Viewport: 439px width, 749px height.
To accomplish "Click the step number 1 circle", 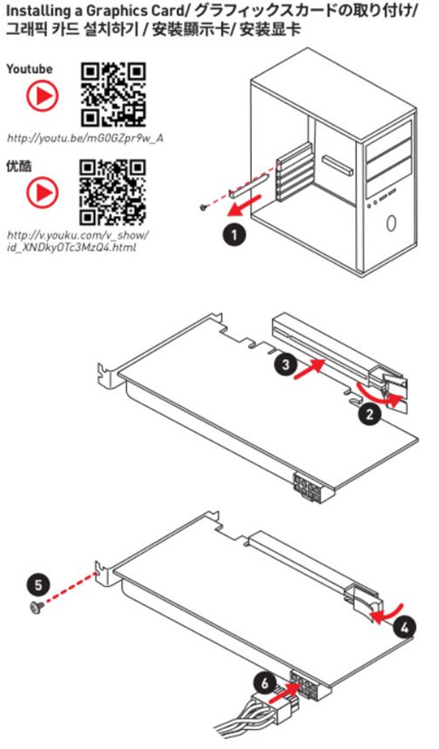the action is [x=234, y=235].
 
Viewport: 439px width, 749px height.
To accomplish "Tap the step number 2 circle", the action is [x=369, y=413].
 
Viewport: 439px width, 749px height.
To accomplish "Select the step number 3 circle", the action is [x=285, y=365].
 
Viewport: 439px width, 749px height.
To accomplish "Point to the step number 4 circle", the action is [x=405, y=627].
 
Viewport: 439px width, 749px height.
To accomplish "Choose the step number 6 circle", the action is [x=264, y=684].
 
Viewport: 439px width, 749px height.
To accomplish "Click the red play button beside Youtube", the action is [x=42, y=97].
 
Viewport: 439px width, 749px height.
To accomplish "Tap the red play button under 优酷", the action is [x=42, y=193].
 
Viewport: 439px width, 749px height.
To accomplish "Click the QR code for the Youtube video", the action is [x=113, y=95].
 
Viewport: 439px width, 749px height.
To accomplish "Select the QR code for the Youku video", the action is [x=113, y=192].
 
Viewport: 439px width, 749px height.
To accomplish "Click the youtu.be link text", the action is [x=85, y=138].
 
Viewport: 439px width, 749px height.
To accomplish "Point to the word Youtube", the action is [x=29, y=70].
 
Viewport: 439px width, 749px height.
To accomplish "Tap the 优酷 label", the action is [x=19, y=166].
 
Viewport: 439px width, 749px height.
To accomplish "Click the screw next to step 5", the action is [x=36, y=607].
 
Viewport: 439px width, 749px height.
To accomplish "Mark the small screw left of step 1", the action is [x=204, y=207].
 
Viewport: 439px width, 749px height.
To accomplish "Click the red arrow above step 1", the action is [x=243, y=203].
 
